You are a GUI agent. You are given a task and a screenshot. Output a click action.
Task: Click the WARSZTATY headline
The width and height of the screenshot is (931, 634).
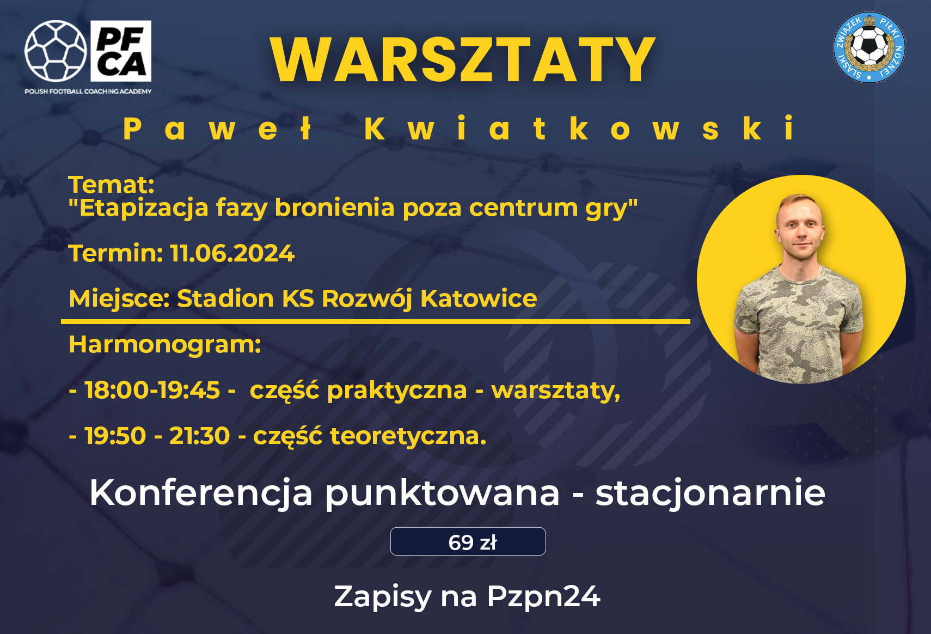click(x=463, y=60)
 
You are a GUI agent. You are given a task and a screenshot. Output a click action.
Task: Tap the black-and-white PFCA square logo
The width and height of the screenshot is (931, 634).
click(x=121, y=51)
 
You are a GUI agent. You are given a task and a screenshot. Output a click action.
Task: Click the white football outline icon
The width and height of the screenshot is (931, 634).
click(x=56, y=51)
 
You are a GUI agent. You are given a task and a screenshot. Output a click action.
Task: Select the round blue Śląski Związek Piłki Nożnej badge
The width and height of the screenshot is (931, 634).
click(x=869, y=47)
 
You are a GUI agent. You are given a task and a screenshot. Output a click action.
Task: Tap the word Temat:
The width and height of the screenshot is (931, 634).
click(x=112, y=185)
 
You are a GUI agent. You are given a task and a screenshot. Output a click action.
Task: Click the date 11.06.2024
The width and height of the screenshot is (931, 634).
click(x=232, y=253)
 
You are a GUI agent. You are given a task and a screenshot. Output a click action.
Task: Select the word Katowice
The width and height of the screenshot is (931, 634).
click(x=479, y=298)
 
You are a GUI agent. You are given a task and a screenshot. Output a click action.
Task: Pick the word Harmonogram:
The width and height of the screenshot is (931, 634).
click(x=165, y=345)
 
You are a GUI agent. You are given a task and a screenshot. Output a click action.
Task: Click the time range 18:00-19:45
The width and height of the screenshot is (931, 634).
click(x=152, y=391)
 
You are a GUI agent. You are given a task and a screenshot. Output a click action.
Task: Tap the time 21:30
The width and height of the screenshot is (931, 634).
click(x=199, y=436)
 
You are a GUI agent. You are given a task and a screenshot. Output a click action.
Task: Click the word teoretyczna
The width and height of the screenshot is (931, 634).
click(x=408, y=436)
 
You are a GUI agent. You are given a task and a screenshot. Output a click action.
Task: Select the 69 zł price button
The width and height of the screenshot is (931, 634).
click(x=468, y=541)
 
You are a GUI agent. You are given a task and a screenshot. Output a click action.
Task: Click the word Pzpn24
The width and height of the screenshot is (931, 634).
click(x=544, y=596)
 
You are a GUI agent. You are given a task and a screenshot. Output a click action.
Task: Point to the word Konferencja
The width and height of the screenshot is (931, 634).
click(x=201, y=493)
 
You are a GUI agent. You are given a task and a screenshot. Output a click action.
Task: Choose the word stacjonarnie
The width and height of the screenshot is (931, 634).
click(x=710, y=493)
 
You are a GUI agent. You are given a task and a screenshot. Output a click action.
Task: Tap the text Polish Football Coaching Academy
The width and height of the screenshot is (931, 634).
click(x=88, y=92)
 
